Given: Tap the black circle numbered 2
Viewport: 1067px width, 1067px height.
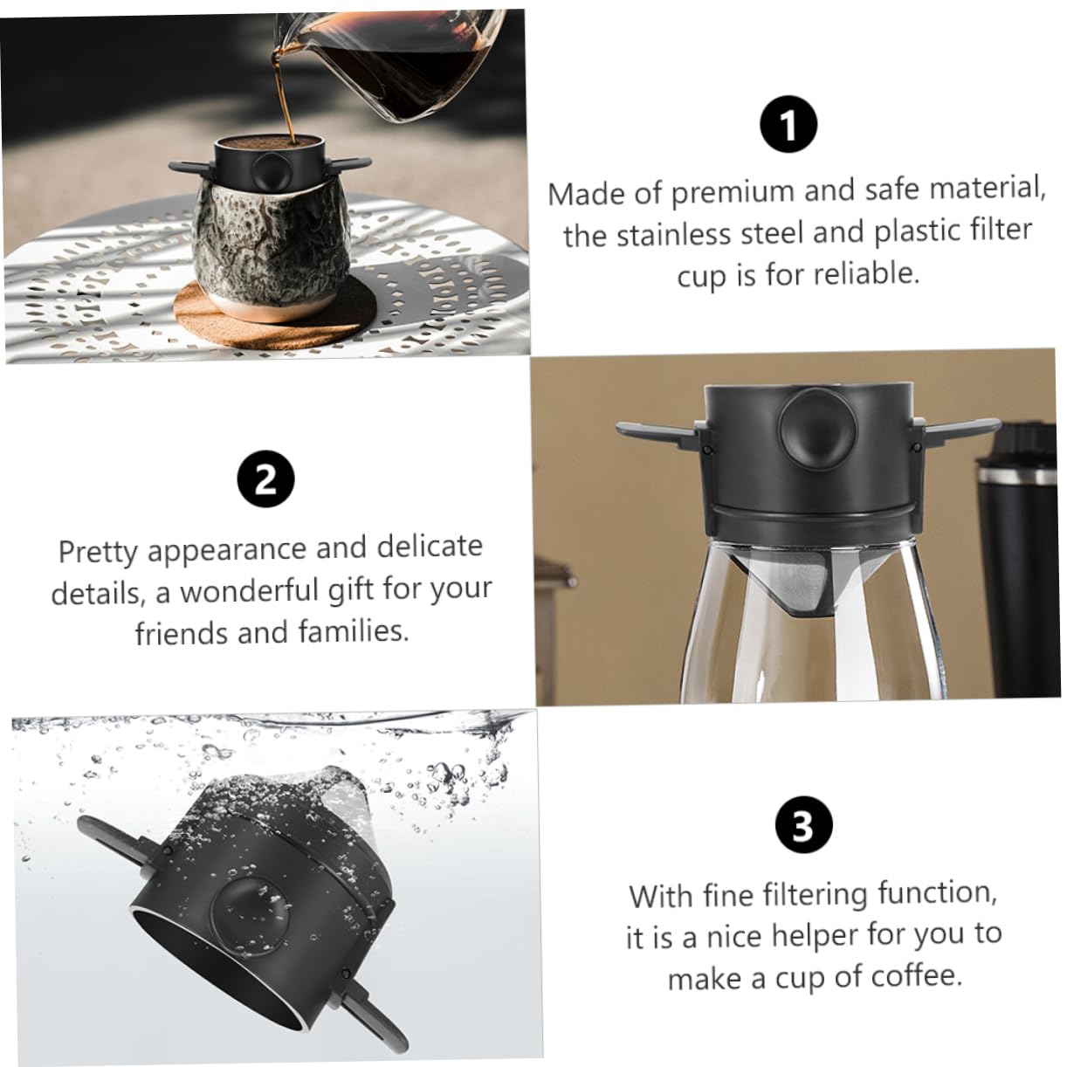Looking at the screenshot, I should tap(265, 480).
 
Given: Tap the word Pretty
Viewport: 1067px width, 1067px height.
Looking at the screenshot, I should tap(98, 552).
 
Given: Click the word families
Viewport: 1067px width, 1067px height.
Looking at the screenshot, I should tap(357, 630).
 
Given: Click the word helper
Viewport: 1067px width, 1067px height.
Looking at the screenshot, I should tap(812, 935).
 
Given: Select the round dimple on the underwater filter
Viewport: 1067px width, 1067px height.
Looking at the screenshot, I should tap(251, 908).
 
